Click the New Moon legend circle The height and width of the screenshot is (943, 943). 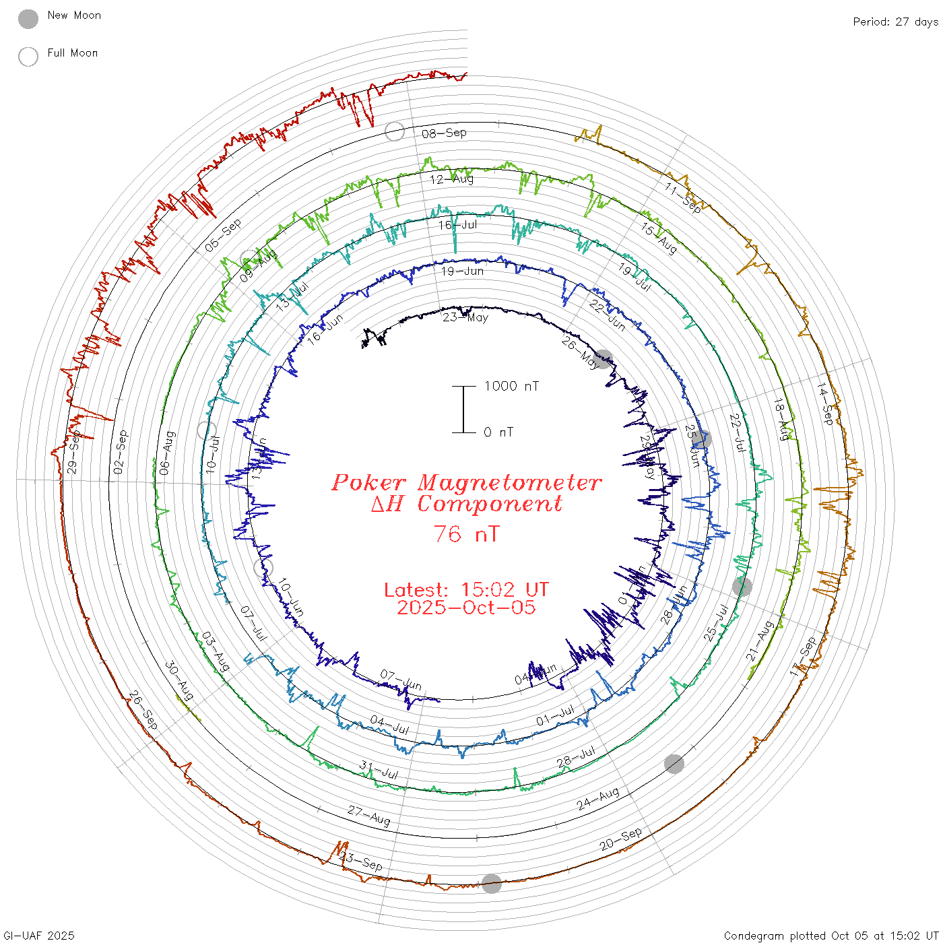coord(28,20)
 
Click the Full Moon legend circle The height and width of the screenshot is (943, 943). coord(28,57)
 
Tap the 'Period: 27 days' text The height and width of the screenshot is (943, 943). coord(895,22)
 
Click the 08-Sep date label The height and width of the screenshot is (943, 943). coord(444,133)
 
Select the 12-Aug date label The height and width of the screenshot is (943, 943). coord(451,179)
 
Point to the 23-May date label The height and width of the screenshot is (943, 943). coord(465,317)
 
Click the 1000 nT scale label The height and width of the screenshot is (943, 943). coord(511,386)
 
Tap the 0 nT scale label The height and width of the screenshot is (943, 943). coord(498,432)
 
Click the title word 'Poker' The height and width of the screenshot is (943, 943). coord(368,482)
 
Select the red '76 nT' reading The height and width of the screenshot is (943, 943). coord(466,534)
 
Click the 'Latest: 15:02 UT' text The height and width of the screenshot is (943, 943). coord(466,590)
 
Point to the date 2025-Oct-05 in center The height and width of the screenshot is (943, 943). coord(466,608)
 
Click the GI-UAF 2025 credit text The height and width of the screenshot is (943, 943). coord(38,936)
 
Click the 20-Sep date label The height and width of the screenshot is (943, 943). coord(620,839)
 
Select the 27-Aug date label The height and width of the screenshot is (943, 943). coord(368,815)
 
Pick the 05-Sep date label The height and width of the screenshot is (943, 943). coord(223,236)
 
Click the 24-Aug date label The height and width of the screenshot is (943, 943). coord(597,799)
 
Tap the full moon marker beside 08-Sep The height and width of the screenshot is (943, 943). coord(395,131)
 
